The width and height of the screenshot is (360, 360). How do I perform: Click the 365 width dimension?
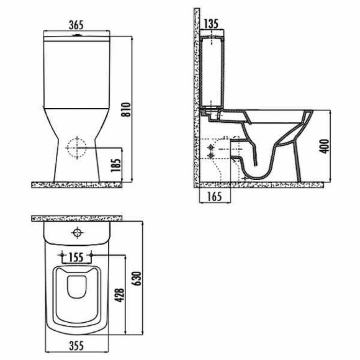[76, 25]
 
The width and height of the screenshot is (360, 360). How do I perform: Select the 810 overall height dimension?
[126, 109]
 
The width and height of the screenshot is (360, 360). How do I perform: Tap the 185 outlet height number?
[115, 165]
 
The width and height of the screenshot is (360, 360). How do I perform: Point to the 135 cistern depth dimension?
[211, 24]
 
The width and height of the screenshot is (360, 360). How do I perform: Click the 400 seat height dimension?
[324, 146]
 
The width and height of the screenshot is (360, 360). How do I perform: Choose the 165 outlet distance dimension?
[215, 197]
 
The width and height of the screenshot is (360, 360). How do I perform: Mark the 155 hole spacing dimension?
[76, 258]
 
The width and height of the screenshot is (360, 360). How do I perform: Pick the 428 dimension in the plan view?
[120, 295]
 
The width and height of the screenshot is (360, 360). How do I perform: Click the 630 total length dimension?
[137, 279]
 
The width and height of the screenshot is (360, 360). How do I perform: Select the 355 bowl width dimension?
[76, 346]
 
